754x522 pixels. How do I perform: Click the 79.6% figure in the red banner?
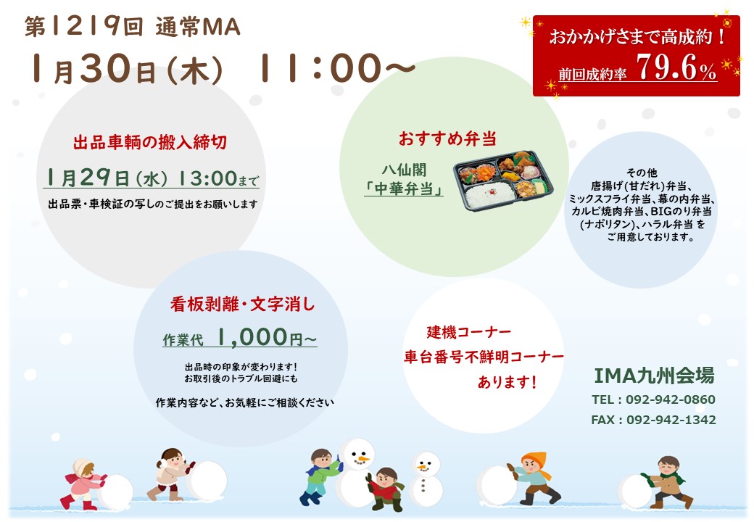[x=676, y=67]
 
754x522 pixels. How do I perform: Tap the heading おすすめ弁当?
[x=448, y=139]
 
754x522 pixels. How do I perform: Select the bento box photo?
[x=503, y=181]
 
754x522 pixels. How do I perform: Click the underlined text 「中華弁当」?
[x=404, y=189]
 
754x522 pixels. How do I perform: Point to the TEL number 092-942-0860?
[x=671, y=399]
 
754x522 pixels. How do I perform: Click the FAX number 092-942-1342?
[x=671, y=420]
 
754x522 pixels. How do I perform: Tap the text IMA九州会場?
[x=654, y=376]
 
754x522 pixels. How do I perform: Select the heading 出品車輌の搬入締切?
[x=150, y=143]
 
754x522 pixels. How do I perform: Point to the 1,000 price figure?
[x=252, y=337]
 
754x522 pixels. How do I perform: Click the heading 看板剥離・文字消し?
[x=242, y=304]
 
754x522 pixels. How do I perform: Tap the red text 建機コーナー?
[x=469, y=331]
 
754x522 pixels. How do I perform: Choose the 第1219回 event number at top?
[x=83, y=26]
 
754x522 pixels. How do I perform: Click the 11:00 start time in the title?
[x=320, y=67]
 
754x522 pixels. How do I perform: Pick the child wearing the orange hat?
[x=534, y=478]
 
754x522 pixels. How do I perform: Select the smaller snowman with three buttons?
[x=425, y=478]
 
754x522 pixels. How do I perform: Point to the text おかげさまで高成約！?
[x=637, y=36]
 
